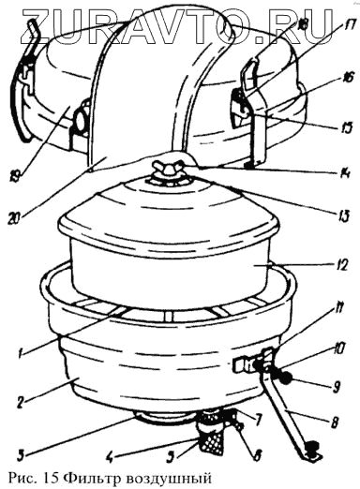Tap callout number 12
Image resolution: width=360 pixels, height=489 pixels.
click(339, 265)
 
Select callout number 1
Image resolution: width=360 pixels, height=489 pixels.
click(21, 354)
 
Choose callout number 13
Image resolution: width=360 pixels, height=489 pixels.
click(343, 216)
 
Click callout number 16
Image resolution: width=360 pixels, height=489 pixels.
click(345, 77)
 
